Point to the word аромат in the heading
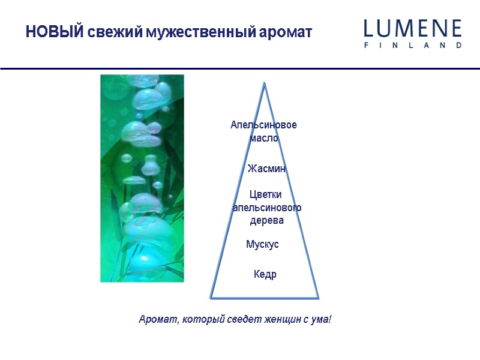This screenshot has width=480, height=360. [282, 32]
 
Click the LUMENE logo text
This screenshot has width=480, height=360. [413, 29]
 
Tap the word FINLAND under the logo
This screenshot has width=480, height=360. [413, 45]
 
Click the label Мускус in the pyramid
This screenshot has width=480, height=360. [263, 245]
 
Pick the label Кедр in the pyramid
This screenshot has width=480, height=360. [265, 274]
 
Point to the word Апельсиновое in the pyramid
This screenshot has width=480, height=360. [264, 125]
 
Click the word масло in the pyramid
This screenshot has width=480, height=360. [264, 138]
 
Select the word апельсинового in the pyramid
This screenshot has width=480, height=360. [266, 208]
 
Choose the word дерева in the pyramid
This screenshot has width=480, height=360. [266, 221]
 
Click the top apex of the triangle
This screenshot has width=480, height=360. [264, 83]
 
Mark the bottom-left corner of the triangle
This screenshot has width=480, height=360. [211, 296]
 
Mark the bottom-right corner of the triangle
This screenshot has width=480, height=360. [317, 297]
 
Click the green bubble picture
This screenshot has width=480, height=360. [142, 178]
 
